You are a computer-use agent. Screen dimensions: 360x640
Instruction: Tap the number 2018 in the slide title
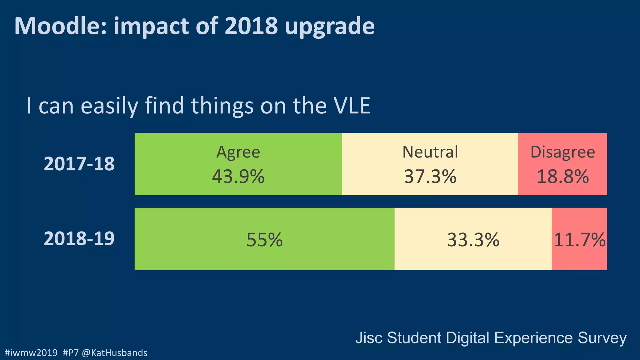point(251,26)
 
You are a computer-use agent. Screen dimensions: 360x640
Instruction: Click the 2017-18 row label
point(79,164)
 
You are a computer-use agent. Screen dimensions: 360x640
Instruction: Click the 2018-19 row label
point(79,238)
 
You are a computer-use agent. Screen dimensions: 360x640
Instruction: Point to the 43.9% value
point(238,177)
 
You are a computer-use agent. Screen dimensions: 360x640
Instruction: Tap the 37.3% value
point(430,177)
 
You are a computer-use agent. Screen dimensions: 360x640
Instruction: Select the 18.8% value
point(562,177)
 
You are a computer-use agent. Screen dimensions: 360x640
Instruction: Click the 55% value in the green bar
point(264,240)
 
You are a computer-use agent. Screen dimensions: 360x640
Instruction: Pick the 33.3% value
point(473,240)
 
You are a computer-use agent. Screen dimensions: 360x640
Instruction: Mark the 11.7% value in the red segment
point(579,240)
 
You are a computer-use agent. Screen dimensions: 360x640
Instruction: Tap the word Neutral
point(430,152)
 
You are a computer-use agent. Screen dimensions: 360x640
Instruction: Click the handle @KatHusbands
point(114,353)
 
